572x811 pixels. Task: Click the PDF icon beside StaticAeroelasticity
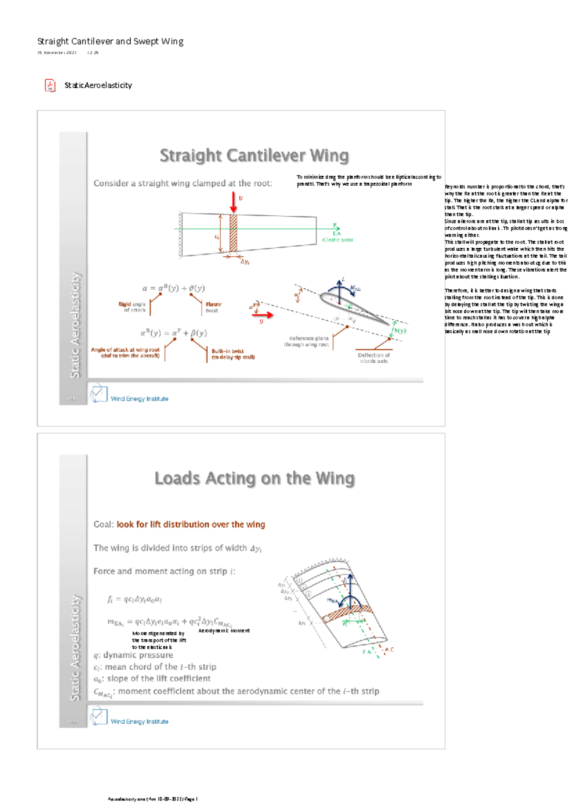click(50, 85)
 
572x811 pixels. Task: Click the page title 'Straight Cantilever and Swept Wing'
click(110, 42)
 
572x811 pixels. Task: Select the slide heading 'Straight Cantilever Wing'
click(254, 156)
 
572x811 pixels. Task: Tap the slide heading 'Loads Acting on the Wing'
click(255, 478)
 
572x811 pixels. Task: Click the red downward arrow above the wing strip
click(233, 202)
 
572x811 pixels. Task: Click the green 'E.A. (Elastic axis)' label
click(337, 236)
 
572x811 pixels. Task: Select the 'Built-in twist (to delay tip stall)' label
click(233, 354)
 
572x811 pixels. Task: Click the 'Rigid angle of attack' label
click(132, 307)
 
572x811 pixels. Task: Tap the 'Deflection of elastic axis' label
click(373, 358)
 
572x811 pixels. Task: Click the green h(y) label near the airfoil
click(400, 330)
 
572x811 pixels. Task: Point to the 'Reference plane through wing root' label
click(306, 341)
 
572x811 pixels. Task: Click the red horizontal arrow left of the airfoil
click(263, 315)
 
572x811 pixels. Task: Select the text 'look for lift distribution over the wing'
click(191, 525)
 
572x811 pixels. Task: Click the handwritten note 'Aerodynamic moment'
click(224, 631)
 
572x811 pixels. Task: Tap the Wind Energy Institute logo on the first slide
click(99, 394)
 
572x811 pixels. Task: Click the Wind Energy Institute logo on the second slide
click(99, 716)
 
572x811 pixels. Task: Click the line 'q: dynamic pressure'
click(133, 655)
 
